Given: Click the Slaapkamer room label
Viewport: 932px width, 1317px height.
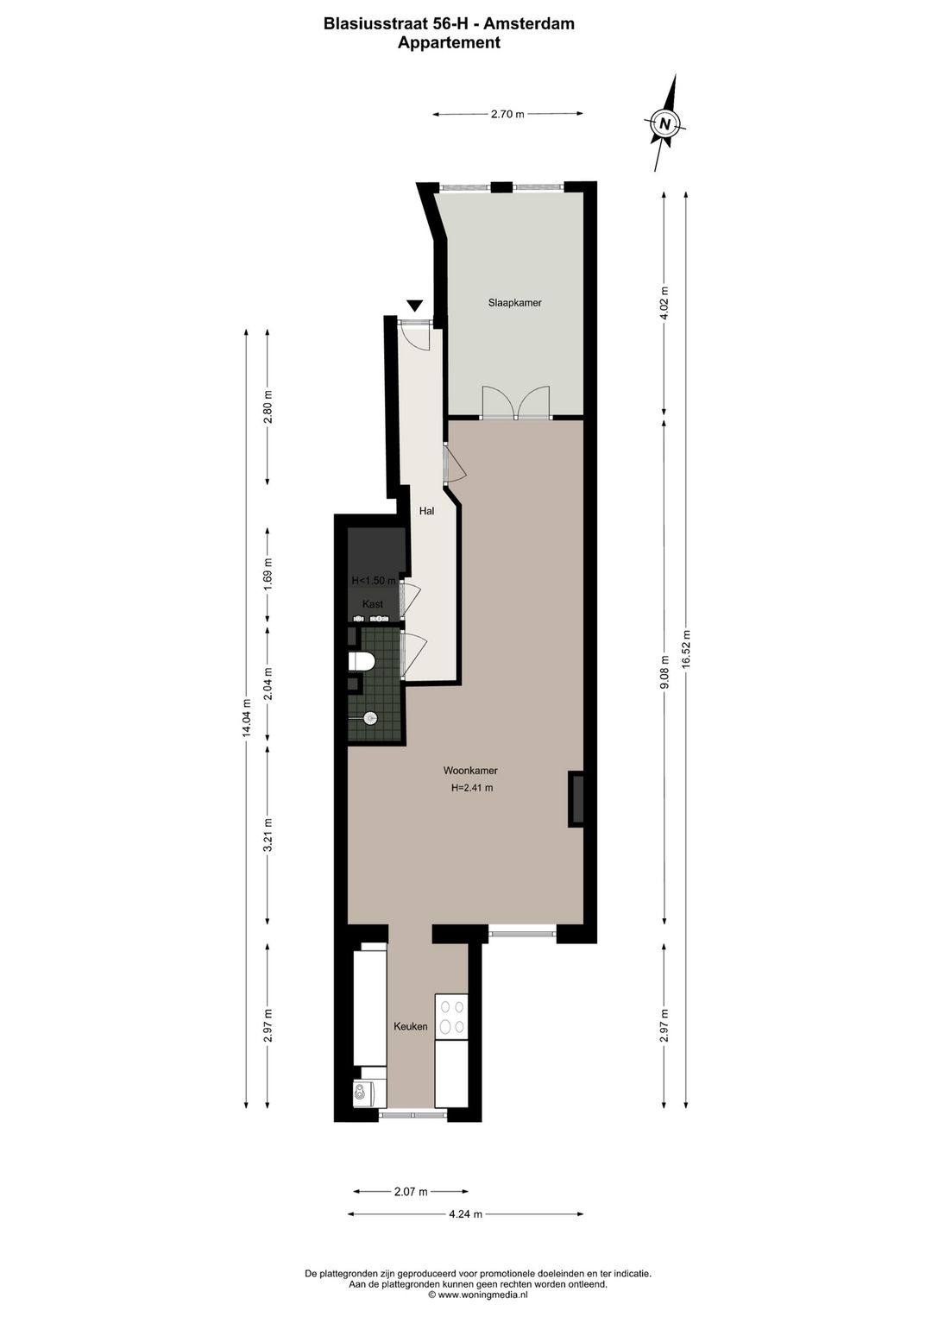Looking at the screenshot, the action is point(514,303).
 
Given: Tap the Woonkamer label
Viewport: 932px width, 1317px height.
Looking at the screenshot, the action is point(470,770).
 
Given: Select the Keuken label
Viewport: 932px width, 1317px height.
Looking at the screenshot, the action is point(411,1026).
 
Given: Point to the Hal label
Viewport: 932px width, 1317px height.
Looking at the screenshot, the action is point(426,511).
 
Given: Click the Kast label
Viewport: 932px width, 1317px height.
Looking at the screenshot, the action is point(373,604).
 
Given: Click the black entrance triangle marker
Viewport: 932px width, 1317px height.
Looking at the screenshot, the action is point(415,306).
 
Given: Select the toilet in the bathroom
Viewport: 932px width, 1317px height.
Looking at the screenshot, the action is point(362,662).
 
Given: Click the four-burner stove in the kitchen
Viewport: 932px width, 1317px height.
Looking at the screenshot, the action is point(451,1016).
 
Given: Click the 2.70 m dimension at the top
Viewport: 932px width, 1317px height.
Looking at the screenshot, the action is point(507,114).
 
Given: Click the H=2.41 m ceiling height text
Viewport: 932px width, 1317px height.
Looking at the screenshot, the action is point(471,788).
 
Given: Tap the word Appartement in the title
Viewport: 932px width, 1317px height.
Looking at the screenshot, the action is point(450,42).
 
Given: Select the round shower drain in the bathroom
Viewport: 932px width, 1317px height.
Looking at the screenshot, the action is point(370,717).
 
